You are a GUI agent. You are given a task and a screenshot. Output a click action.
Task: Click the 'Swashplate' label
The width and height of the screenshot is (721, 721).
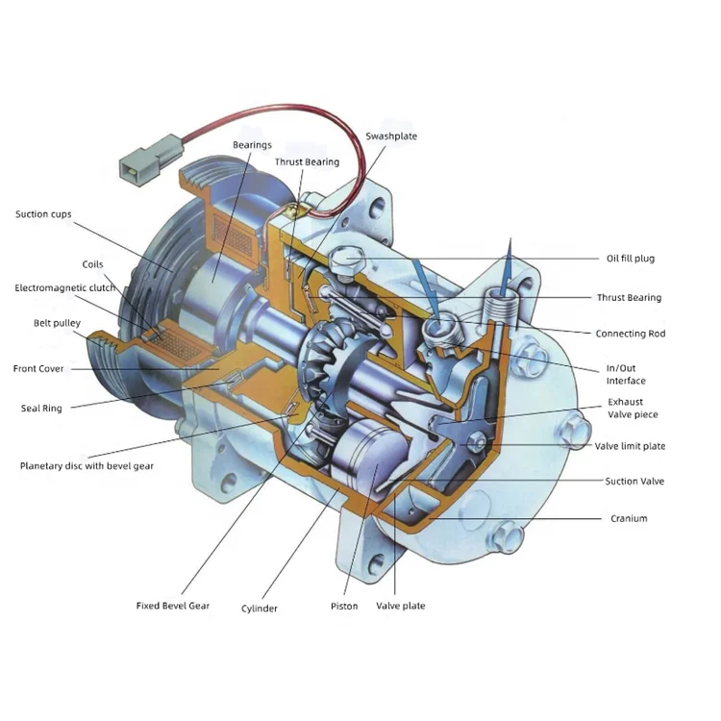pos(391,137)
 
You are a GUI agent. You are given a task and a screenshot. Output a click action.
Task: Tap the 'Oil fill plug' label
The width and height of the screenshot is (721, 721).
pos(630,259)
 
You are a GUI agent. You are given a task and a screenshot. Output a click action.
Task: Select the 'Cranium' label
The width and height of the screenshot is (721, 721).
pos(629,519)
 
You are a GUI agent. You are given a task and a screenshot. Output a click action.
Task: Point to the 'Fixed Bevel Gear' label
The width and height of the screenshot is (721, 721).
pos(172,607)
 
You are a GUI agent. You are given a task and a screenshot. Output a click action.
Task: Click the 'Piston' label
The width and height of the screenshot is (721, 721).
pos(343,607)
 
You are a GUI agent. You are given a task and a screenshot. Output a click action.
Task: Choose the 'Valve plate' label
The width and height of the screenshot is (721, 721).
pos(400,607)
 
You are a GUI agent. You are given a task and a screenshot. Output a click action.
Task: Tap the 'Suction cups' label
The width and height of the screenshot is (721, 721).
pos(43,214)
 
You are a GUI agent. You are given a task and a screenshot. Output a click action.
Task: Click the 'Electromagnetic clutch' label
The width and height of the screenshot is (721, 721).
pos(64,288)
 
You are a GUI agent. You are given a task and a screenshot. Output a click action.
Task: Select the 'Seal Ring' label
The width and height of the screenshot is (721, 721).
pos(41,409)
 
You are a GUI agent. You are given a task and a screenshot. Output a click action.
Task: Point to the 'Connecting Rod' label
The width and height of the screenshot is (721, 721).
pos(630,335)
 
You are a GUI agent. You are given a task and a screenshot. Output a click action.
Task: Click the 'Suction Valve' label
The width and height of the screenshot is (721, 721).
pos(634,482)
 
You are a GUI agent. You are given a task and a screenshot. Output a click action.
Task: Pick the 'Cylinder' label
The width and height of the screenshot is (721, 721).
pos(260,609)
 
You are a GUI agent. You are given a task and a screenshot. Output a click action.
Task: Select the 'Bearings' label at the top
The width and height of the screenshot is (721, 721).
pos(252,145)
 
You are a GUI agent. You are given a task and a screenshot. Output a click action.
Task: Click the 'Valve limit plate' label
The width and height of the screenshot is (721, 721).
pos(630,447)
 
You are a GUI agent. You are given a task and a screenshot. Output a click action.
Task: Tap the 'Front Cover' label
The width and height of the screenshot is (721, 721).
pos(38,369)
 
